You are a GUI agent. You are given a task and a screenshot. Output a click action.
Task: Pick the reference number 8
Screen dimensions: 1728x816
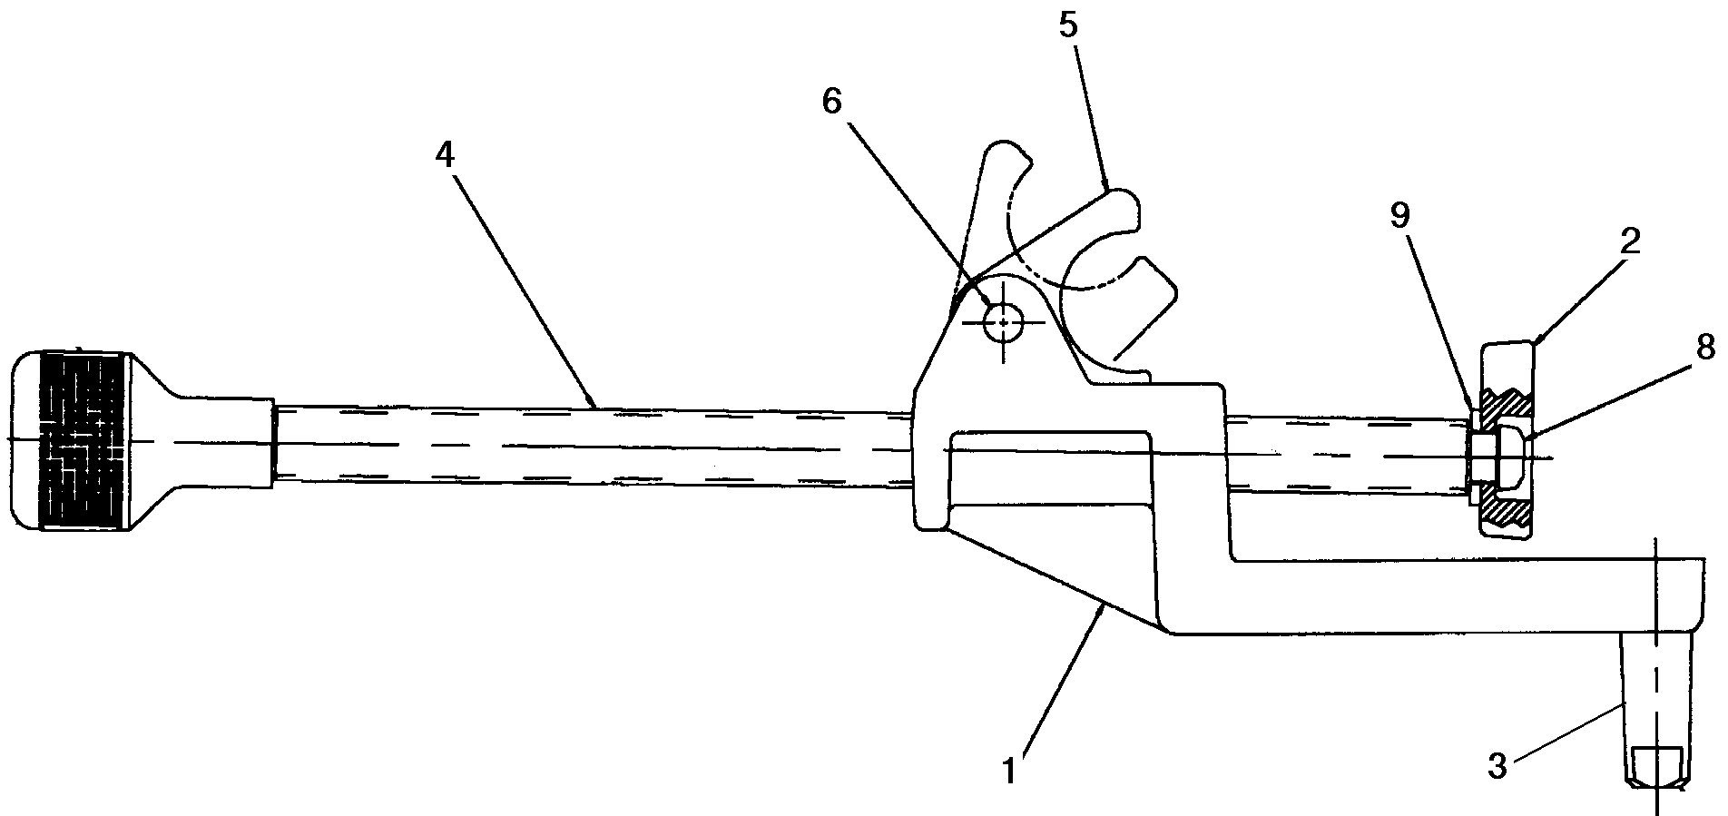[x=1703, y=346]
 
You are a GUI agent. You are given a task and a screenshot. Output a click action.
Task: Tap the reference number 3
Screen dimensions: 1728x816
[x=1497, y=766]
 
